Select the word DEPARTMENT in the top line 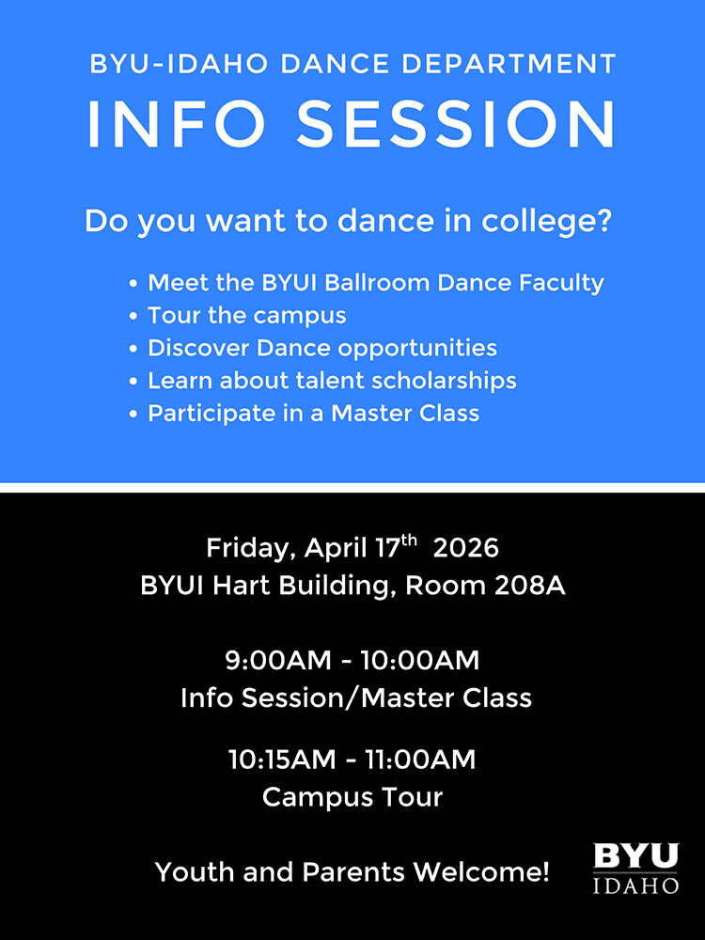tap(509, 64)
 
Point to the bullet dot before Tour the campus tap(133, 317)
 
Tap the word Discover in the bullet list tap(198, 349)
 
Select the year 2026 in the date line tap(466, 549)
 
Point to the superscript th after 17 tap(409, 540)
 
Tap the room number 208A tap(530, 586)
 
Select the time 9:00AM tap(278, 661)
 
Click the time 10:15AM tap(282, 760)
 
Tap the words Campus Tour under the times tap(352, 797)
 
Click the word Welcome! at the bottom tap(481, 872)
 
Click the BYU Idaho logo tap(636, 868)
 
